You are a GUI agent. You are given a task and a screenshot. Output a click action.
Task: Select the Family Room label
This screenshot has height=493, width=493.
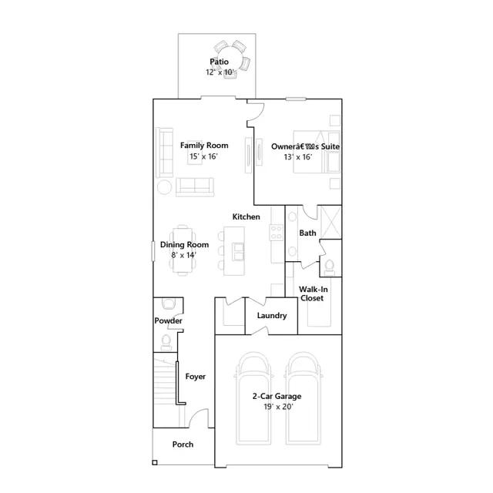coord(204,146)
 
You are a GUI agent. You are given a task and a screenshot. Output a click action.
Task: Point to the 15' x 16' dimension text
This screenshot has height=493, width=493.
coord(204,156)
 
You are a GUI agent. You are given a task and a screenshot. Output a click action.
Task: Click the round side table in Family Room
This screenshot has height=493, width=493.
coord(165,187)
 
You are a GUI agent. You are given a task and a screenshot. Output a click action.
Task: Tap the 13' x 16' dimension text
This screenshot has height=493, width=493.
coord(298,156)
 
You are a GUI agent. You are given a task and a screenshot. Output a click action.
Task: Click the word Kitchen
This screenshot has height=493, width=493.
coord(246,217)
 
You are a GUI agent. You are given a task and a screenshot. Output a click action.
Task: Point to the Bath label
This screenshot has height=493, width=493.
coord(307,233)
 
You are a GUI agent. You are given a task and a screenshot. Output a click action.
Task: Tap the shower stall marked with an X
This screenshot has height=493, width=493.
coord(330,223)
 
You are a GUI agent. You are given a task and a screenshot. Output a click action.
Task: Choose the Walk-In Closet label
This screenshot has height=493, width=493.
coord(312,293)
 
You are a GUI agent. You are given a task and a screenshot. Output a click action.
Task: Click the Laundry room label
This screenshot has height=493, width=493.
coord(272,316)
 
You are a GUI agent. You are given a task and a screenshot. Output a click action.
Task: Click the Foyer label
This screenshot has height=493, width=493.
coord(196,377)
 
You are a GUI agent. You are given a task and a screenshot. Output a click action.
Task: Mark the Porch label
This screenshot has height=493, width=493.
coord(183,444)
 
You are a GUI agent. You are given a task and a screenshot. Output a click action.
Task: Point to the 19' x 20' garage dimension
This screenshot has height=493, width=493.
coord(277,407)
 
